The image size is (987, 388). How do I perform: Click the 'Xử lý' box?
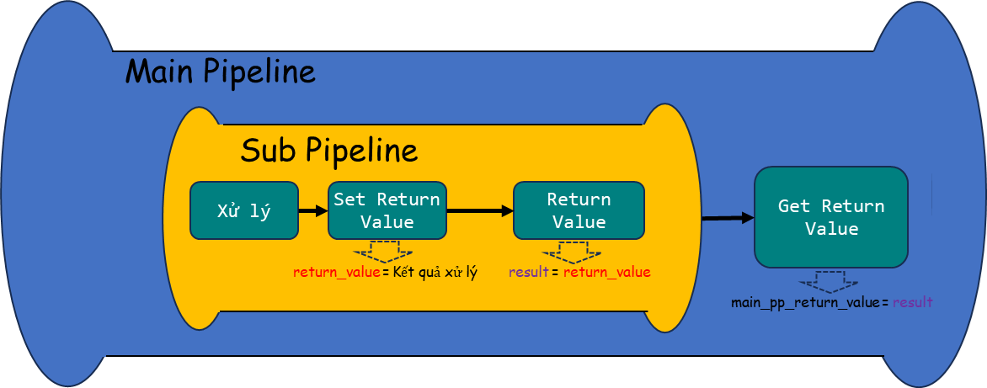coord(243,210)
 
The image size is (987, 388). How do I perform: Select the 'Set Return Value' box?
coord(387,210)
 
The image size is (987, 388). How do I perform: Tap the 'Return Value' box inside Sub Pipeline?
coord(579,210)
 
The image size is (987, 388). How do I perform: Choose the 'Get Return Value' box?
coord(831,217)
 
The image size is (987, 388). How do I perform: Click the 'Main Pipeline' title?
coord(221,71)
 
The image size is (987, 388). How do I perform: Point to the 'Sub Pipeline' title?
coord(329,151)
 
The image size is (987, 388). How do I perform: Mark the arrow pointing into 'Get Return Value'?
coord(728,218)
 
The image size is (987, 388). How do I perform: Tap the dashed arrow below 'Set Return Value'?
coord(383,252)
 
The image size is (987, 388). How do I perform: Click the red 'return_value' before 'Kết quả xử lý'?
coord(338,273)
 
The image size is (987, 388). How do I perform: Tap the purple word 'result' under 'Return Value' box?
coord(530,273)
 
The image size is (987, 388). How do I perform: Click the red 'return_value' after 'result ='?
coord(607,273)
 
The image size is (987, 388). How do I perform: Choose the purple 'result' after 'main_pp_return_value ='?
coord(912,302)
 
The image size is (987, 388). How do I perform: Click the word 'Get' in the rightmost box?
coord(789,206)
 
